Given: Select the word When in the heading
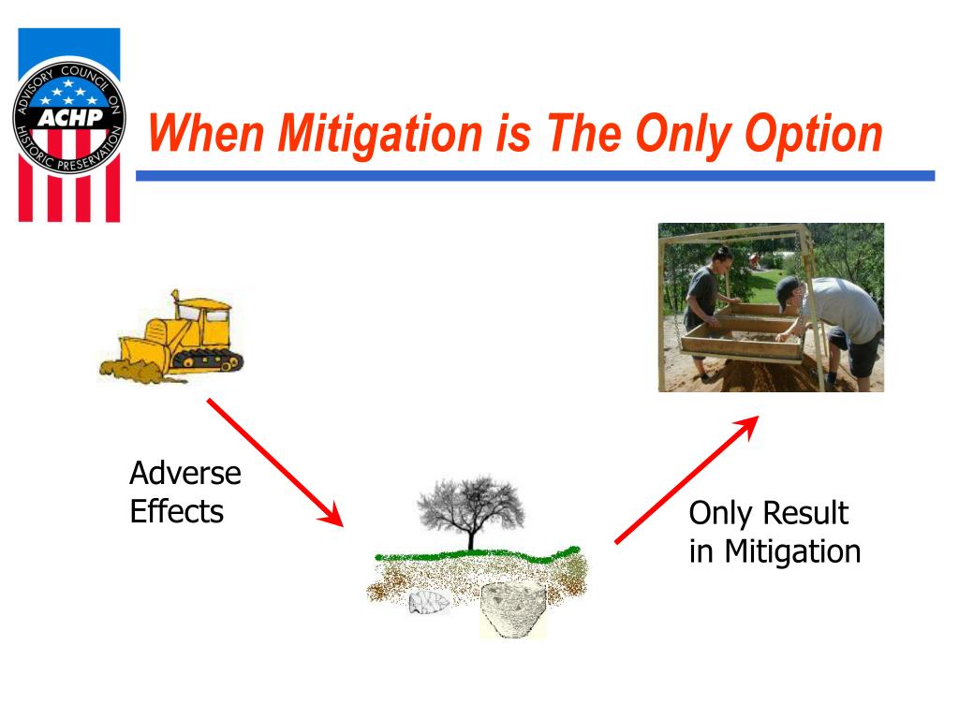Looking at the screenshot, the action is pyautogui.click(x=206, y=133).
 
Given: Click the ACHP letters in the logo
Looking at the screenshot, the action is pyautogui.click(x=69, y=117).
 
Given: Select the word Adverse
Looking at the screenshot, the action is pyautogui.click(x=185, y=473).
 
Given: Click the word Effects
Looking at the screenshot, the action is pyautogui.click(x=177, y=511).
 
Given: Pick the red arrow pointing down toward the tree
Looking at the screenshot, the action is pyautogui.click(x=275, y=462).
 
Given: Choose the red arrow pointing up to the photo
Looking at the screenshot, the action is pyautogui.click(x=686, y=479).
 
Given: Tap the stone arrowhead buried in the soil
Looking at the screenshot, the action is pyautogui.click(x=429, y=602).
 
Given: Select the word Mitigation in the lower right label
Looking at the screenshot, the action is pyautogui.click(x=792, y=550).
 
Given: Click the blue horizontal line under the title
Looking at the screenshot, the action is pyautogui.click(x=535, y=176).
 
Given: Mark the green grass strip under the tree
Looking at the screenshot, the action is pyautogui.click(x=477, y=554).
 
